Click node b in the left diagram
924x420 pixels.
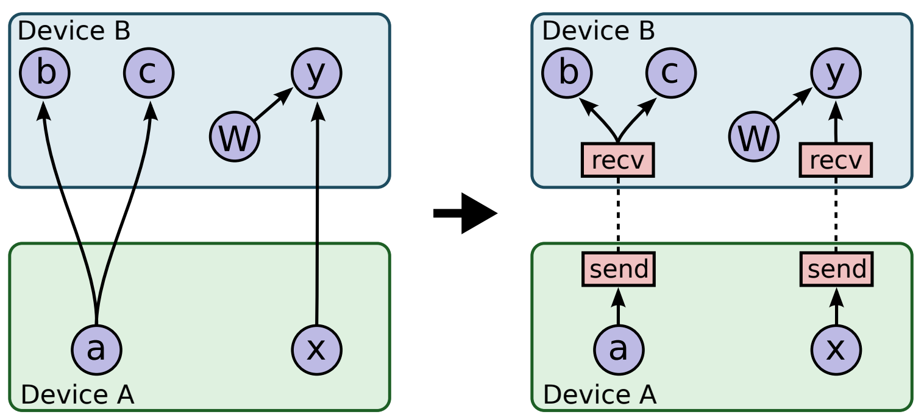44,74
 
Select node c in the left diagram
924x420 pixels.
149,74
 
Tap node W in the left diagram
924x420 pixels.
235,138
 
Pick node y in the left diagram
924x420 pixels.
316,74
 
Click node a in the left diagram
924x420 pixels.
97,349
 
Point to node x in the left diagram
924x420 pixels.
316,349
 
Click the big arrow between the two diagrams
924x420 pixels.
466,213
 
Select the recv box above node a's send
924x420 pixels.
618,161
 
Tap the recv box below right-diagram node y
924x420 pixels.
836,161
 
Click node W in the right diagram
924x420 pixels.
754,138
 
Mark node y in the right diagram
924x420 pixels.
836,74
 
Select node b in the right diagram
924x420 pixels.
567,74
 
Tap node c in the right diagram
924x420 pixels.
671,74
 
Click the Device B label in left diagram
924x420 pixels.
74,30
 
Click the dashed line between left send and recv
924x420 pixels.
618,215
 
